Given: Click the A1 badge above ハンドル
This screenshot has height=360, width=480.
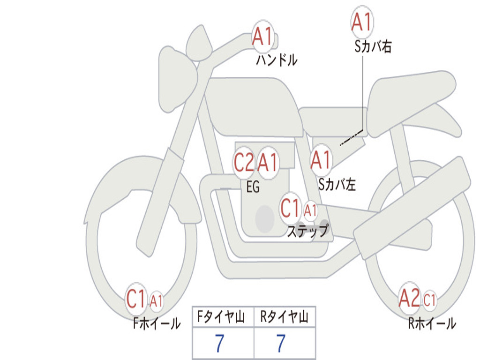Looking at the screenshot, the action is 263,36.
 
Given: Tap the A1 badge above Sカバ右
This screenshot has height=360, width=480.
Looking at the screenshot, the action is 362,22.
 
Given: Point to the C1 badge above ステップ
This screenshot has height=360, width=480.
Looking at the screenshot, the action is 290,208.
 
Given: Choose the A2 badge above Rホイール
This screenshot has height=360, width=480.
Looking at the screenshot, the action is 410,298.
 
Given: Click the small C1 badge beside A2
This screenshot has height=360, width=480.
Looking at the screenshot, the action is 430,300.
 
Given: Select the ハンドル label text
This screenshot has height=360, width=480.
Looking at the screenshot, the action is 277,60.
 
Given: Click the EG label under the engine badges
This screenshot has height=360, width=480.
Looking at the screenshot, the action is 253,187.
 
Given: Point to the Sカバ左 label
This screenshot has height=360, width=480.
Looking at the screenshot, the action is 337,185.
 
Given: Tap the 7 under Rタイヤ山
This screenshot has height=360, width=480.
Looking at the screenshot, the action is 281,344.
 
